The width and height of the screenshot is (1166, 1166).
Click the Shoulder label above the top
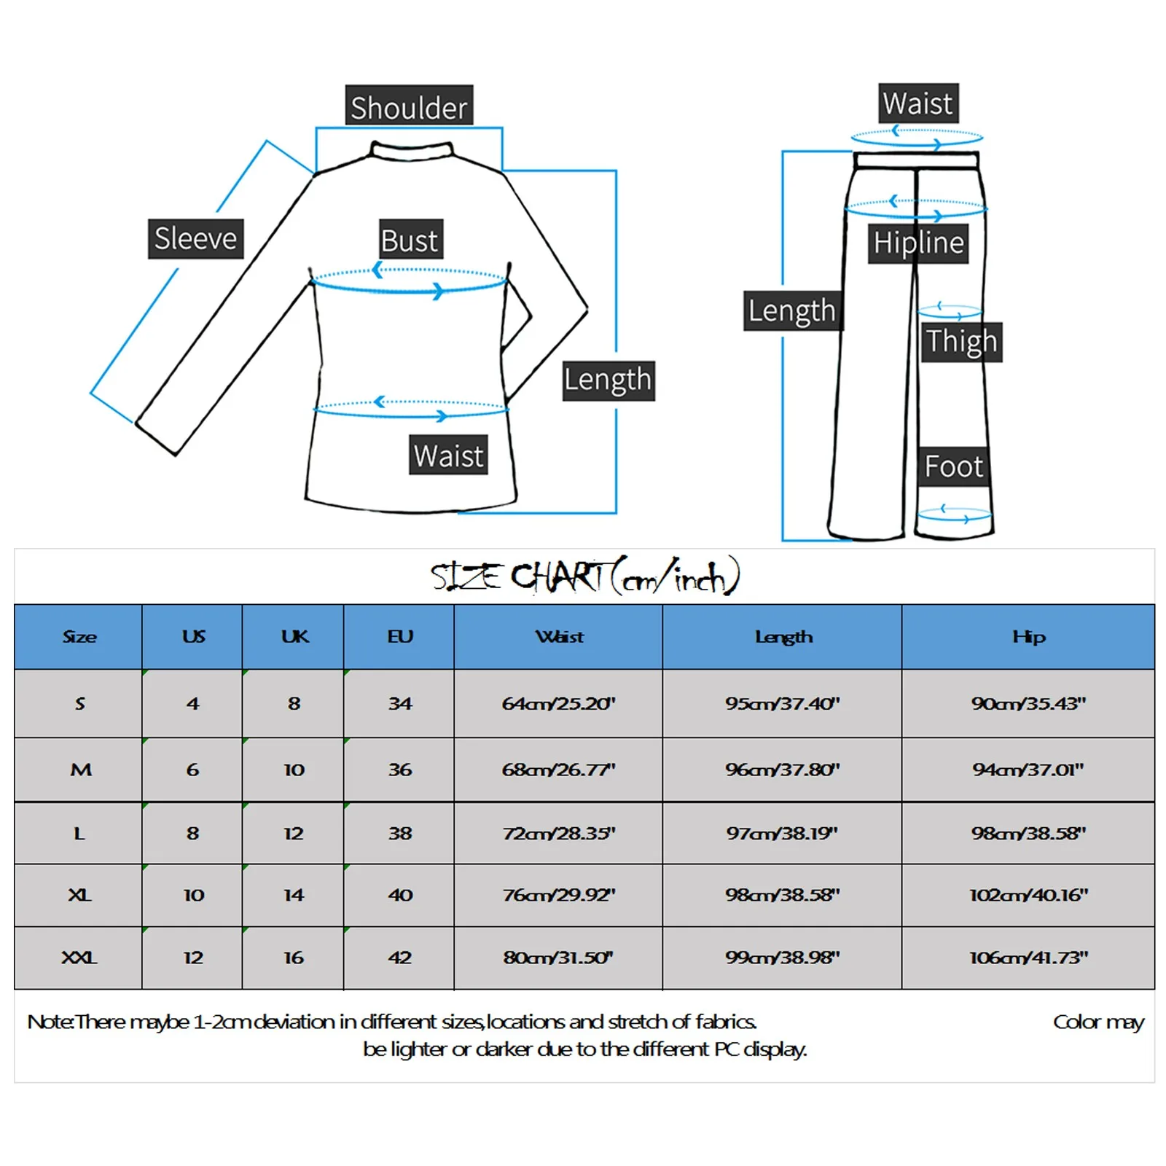(409, 106)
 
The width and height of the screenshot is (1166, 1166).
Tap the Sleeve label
(195, 238)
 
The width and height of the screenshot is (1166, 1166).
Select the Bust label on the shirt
(410, 240)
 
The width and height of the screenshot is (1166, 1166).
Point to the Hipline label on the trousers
(918, 242)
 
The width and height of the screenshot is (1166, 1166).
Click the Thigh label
(961, 341)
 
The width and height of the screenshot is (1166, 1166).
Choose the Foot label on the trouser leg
(953, 466)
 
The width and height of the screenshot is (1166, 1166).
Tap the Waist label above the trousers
(917, 103)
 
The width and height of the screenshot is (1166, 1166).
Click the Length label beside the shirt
(608, 380)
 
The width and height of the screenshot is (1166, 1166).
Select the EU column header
(399, 637)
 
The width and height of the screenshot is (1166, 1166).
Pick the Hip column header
(1028, 637)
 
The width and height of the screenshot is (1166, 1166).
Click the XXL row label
(79, 958)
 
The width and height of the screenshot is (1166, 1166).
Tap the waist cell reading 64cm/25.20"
(558, 703)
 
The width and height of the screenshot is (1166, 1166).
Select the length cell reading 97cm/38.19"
(782, 833)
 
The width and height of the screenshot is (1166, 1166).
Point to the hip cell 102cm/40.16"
(1028, 895)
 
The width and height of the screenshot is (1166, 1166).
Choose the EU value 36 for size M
(399, 770)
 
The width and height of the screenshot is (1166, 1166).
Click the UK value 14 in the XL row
(294, 895)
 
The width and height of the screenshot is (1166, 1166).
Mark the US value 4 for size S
(192, 703)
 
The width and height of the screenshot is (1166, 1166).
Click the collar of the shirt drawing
(411, 152)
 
